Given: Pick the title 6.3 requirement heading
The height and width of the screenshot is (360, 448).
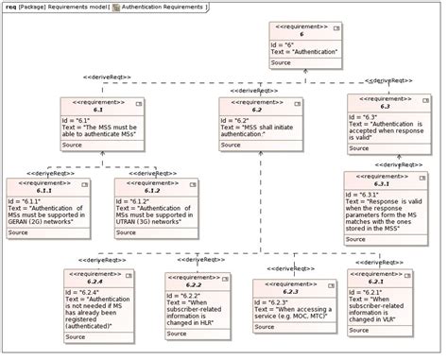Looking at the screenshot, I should point(385,107).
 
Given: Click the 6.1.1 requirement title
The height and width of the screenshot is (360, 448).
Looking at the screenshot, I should point(47,191).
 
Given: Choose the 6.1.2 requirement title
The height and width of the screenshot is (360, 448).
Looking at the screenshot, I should point(154,191).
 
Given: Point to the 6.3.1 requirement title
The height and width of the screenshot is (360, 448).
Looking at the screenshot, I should point(386,184).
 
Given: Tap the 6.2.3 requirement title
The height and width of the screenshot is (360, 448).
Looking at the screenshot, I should point(291,291).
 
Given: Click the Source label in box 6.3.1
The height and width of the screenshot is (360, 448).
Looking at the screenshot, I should point(356,240).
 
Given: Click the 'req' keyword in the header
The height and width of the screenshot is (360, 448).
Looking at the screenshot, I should point(9,7).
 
